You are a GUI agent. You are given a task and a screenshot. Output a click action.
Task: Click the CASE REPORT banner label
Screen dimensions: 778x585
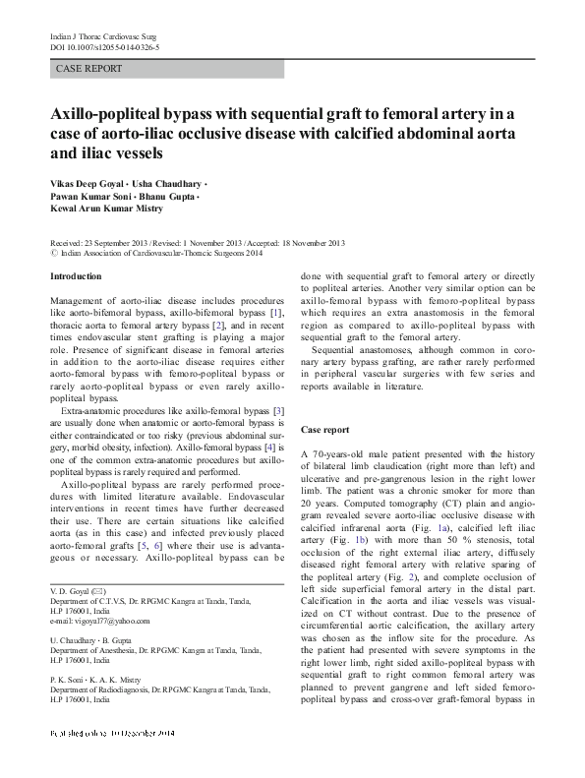pyautogui.click(x=89, y=69)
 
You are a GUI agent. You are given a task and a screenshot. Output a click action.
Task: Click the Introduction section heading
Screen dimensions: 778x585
pyautogui.click(x=75, y=277)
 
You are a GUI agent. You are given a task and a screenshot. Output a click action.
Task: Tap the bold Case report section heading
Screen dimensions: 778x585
pyautogui.click(x=325, y=431)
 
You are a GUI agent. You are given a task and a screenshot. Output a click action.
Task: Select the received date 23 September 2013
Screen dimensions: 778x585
pyautogui.click(x=119, y=243)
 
